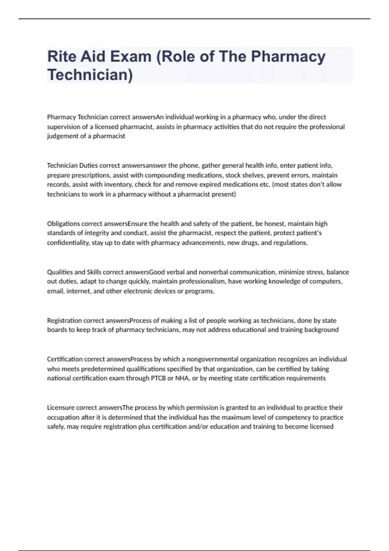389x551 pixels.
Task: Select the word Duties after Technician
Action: [88, 166]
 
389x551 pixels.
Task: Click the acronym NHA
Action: [182, 378]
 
